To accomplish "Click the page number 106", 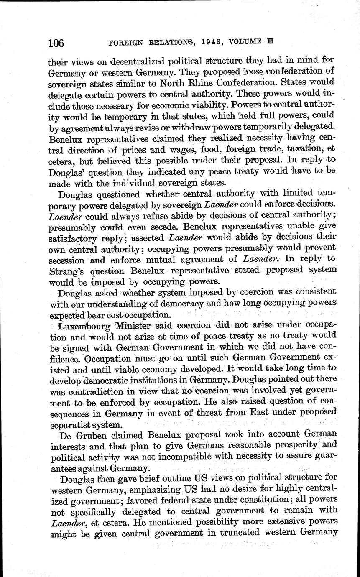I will click(x=56, y=43).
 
